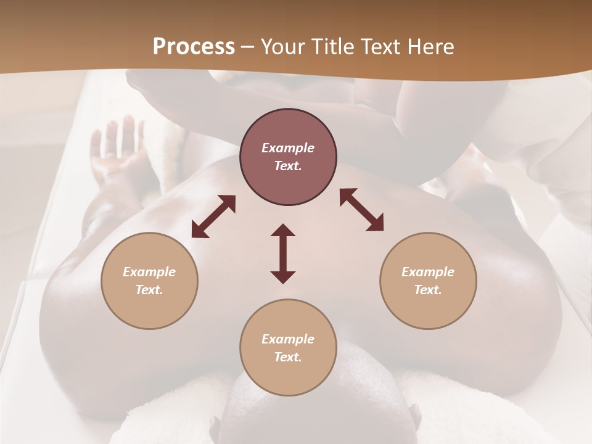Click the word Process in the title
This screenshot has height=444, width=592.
tap(194, 46)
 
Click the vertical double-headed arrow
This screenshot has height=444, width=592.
tap(283, 253)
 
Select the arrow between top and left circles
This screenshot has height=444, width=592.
tap(213, 216)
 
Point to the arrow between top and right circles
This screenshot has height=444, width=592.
tap(362, 210)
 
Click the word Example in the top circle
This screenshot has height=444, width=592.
tap(288, 148)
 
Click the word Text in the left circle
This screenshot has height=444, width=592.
tap(149, 290)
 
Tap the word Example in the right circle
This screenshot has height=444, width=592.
tap(428, 272)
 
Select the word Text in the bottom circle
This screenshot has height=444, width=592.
tap(288, 358)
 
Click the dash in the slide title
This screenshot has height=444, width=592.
tap(248, 47)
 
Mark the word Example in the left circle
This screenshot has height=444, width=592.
tap(149, 272)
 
